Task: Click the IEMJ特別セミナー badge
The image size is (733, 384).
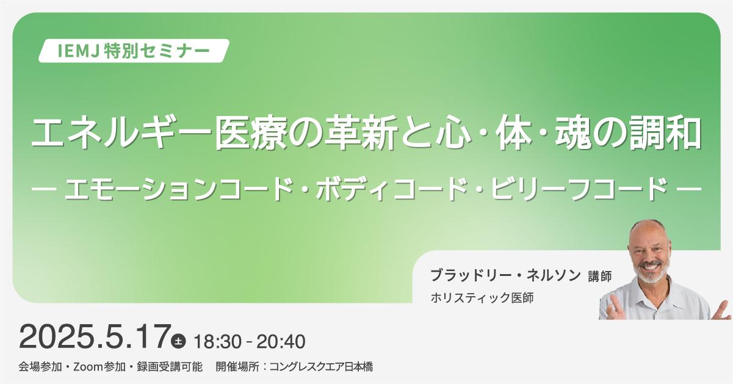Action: (134, 51)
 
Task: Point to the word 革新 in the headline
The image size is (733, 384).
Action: (360, 134)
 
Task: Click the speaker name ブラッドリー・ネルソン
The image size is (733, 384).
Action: (505, 275)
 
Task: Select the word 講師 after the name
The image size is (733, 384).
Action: (600, 277)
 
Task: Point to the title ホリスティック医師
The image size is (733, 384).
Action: (482, 298)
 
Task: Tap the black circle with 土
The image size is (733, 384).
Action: (178, 341)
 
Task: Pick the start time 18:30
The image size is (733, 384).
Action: (218, 341)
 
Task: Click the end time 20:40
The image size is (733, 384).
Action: (281, 341)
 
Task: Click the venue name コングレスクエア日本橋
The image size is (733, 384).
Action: (321, 367)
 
